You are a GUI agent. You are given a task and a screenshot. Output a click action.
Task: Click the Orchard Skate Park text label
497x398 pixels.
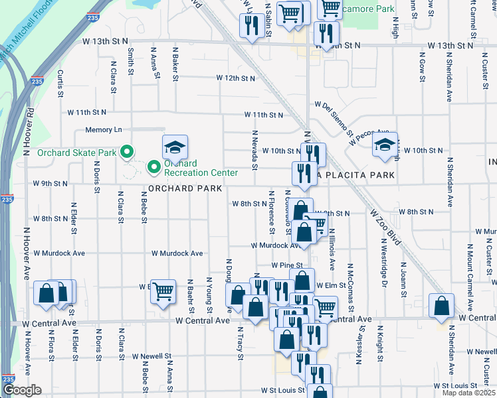tap(76, 153)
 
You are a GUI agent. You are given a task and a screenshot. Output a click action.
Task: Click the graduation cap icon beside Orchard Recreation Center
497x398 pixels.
tap(175, 147)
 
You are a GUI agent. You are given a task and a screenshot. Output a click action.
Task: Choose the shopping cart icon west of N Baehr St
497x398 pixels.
tap(163, 291)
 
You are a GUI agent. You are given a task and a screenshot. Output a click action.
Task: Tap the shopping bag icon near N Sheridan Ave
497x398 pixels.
tap(442, 306)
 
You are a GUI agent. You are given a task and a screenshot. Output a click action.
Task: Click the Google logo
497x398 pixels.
tap(22, 390)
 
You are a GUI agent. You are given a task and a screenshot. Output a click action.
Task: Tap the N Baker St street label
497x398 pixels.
tap(175, 63)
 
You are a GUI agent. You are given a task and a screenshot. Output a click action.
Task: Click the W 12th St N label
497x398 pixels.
tap(236, 78)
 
